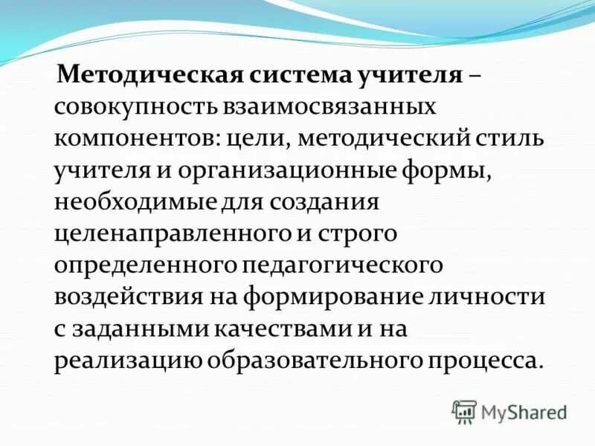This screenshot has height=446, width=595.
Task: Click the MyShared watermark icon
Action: [464, 411]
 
